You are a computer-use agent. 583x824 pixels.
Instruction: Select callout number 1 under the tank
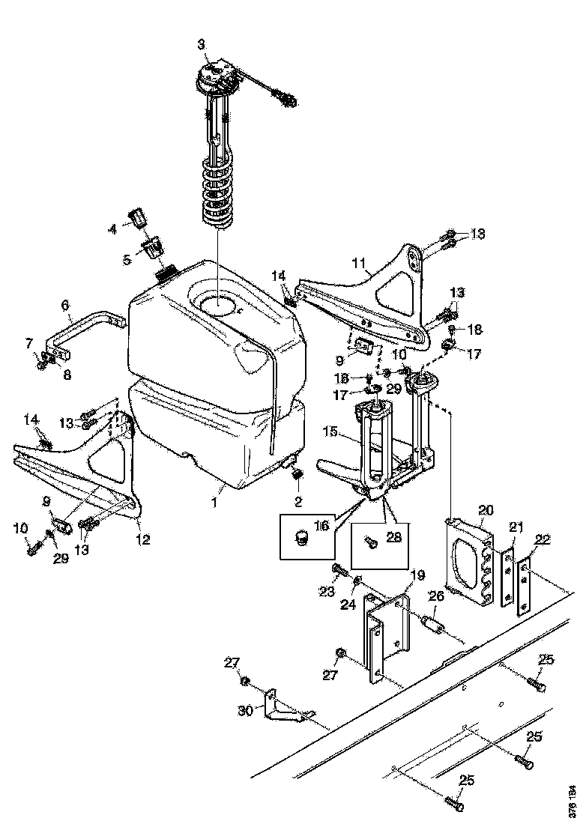(214, 503)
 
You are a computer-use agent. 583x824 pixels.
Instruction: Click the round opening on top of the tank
(215, 303)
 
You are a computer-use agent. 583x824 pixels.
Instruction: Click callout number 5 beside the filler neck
(127, 259)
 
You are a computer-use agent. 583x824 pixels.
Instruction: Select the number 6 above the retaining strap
(65, 306)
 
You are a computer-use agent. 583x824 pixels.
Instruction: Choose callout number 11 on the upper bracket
(359, 263)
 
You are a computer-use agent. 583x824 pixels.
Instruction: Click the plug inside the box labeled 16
(302, 538)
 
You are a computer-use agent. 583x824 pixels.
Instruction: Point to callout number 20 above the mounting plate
(485, 509)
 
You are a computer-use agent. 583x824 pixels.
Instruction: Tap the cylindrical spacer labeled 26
(432, 623)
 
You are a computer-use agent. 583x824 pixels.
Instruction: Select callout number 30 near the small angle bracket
(244, 710)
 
